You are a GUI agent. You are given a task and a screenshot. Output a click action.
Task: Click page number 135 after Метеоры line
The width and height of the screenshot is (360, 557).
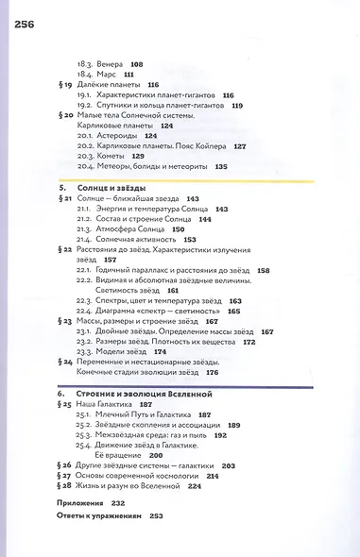tap(222, 166)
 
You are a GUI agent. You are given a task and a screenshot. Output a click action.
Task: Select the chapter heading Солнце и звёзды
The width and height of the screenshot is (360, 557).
tap(118, 189)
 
